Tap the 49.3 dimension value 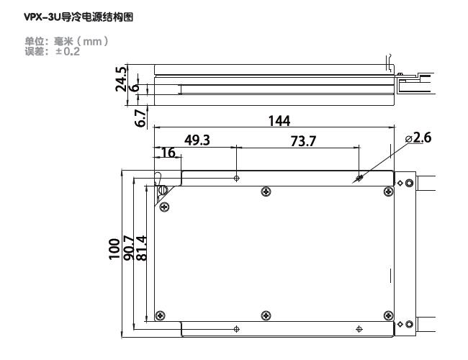[x=197, y=140]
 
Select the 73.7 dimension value [x=302, y=140]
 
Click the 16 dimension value [x=167, y=153]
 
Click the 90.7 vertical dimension [x=128, y=248]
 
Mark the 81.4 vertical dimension [x=141, y=248]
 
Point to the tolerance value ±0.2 [x=68, y=52]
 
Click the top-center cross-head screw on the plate [x=266, y=191]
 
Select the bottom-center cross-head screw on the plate [x=266, y=315]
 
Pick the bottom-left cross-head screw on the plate [x=161, y=315]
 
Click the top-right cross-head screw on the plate [x=389, y=191]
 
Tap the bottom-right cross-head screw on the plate [x=389, y=315]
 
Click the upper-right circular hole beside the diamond [x=410, y=183]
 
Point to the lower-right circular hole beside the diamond [x=410, y=324]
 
